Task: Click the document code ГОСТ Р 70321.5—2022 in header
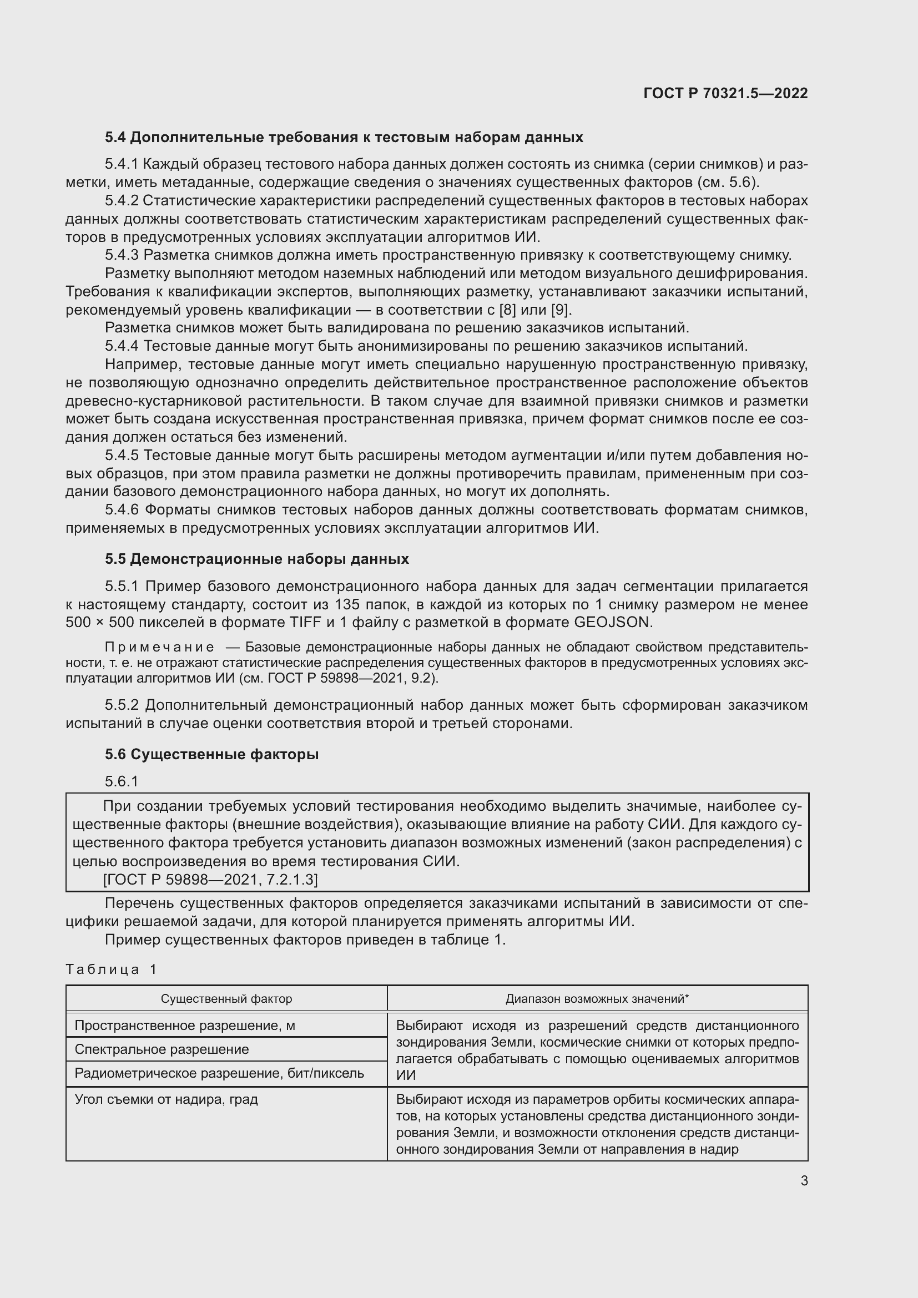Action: tap(725, 93)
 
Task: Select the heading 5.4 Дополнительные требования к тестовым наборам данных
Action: tap(344, 138)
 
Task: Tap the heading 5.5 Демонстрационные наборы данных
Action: tap(256, 559)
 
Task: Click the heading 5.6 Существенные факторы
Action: tap(211, 754)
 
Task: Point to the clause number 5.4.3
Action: tap(122, 255)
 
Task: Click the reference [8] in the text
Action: tap(508, 310)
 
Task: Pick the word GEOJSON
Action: tap(613, 623)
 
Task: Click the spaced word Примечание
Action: tap(159, 647)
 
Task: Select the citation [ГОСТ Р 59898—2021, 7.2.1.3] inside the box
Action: tap(210, 879)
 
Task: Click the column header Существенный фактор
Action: tap(226, 998)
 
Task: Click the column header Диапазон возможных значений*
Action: tap(597, 998)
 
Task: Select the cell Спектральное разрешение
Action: tap(162, 1049)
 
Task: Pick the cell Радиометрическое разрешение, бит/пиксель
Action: tap(219, 1073)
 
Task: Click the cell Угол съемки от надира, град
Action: tap(166, 1099)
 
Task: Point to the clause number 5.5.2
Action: tap(122, 705)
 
